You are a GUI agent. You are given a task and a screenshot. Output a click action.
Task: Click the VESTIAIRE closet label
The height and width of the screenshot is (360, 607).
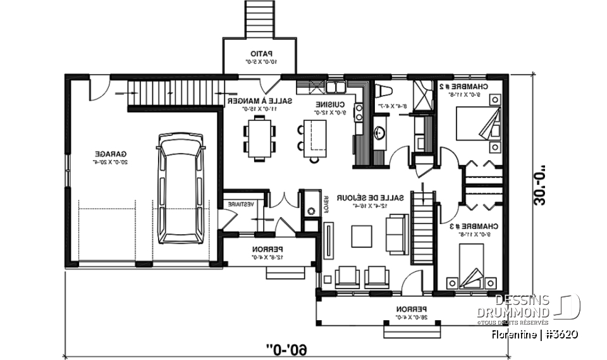242,204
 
